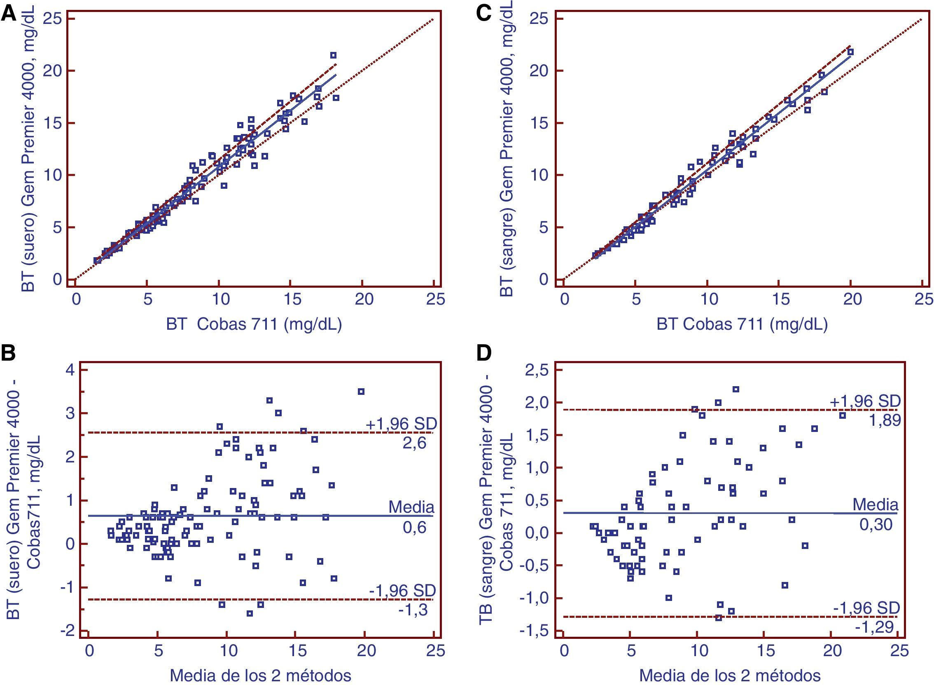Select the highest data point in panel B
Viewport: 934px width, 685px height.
(x=361, y=392)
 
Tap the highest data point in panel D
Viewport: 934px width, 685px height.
(x=736, y=389)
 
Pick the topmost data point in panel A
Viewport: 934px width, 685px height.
(x=333, y=55)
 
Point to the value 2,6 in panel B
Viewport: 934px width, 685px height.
(x=414, y=443)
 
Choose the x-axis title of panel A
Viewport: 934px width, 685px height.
(x=254, y=324)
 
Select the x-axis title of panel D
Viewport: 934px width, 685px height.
(x=730, y=676)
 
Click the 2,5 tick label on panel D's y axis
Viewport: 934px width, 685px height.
(x=537, y=370)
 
